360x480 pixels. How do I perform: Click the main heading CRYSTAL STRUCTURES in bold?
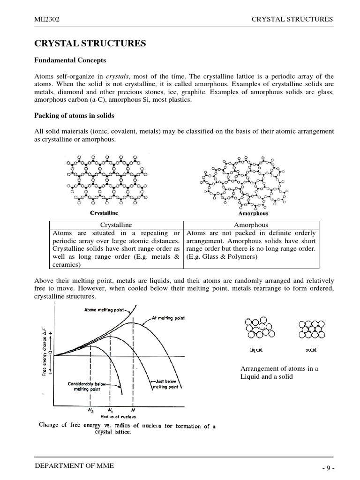click(91, 44)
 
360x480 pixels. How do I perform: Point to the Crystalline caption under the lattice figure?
click(104, 213)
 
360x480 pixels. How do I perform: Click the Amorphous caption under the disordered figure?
click(253, 213)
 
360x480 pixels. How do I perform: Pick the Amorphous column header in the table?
click(251, 225)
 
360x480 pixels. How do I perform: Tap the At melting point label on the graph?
click(168, 318)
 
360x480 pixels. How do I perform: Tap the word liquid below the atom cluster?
click(256, 350)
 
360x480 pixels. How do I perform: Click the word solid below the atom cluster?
click(311, 350)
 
